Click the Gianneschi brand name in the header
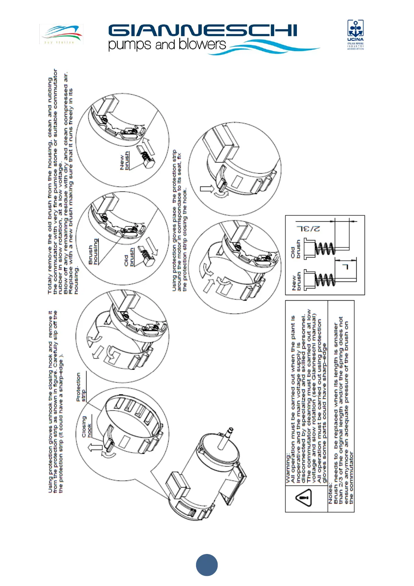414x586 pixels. (x=203, y=31)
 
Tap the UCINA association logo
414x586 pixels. (x=355, y=34)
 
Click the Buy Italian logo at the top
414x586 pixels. (x=61, y=34)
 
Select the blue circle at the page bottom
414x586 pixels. (x=207, y=565)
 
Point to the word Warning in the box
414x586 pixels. (x=288, y=468)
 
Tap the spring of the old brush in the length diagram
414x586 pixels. (x=325, y=248)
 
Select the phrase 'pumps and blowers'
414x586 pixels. (x=167, y=45)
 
